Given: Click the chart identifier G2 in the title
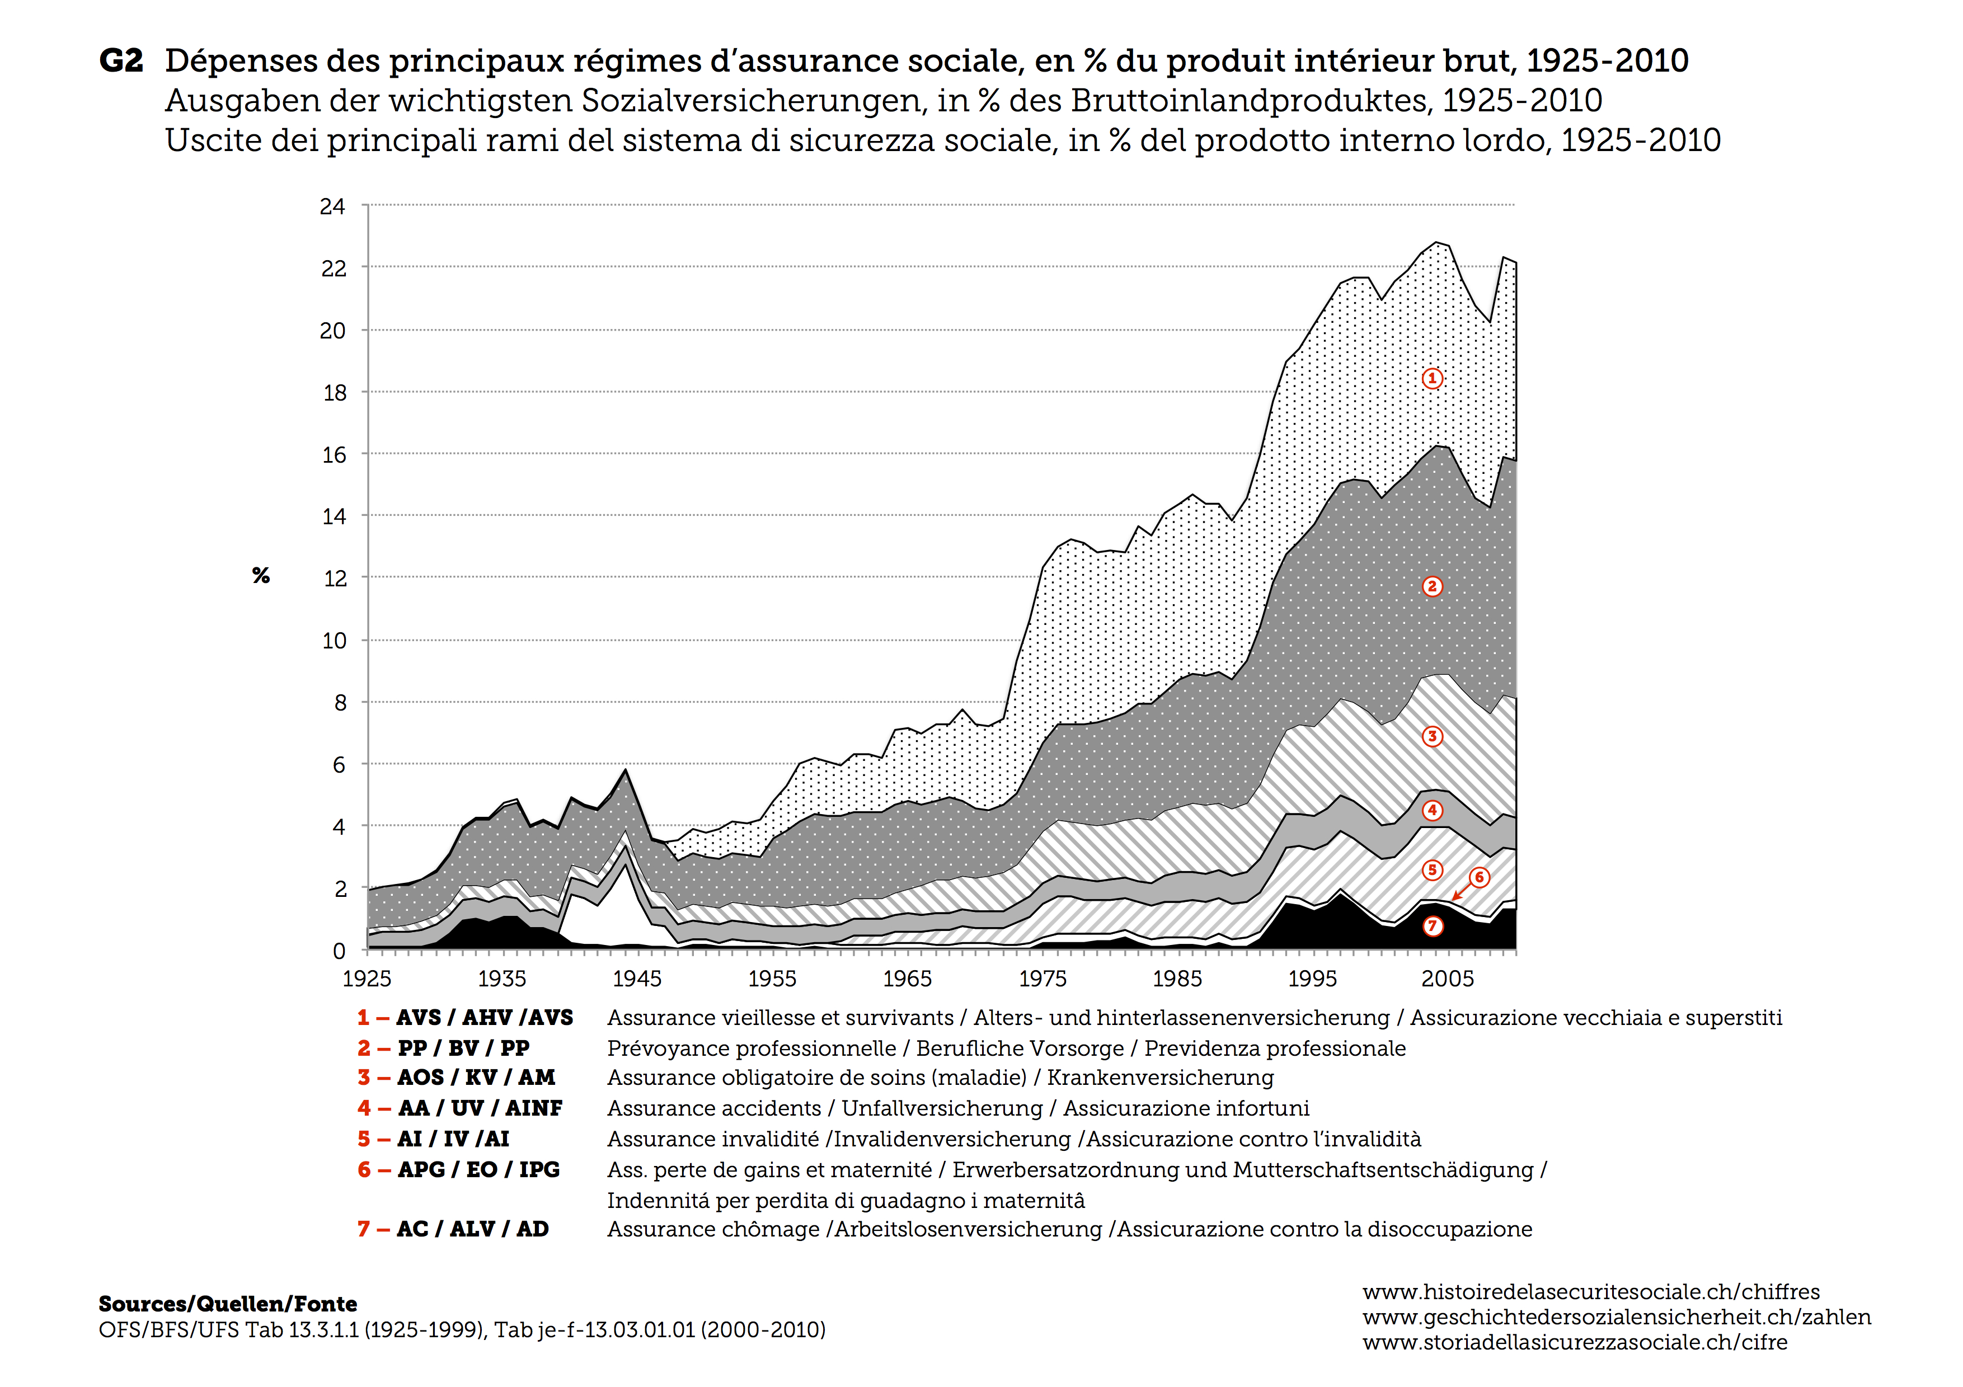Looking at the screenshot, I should coord(120,60).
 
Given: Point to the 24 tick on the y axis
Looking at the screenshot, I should coord(332,207).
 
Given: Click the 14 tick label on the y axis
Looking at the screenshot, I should coord(334,516).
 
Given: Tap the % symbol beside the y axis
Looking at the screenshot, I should coord(261,575).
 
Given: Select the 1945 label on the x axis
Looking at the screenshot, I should coord(637,979).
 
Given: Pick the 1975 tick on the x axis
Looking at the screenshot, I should coord(1042,979).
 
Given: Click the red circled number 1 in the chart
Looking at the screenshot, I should coord(1432,379).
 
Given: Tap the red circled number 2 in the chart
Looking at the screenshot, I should coord(1432,586).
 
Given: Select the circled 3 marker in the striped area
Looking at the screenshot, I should coord(1432,737).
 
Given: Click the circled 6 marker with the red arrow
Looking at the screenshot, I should coord(1479,878).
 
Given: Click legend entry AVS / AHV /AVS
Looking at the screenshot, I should coord(484,1018).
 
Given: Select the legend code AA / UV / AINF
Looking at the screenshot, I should coord(480,1108).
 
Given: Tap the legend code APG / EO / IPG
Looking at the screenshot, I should coord(478,1170).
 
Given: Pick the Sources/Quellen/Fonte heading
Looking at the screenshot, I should coord(227,1304).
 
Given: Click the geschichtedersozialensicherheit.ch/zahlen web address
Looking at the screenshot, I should coord(1617,1317).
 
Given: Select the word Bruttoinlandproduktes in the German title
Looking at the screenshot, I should coord(1251,101).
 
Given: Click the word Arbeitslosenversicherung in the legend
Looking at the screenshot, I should coord(969,1230).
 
